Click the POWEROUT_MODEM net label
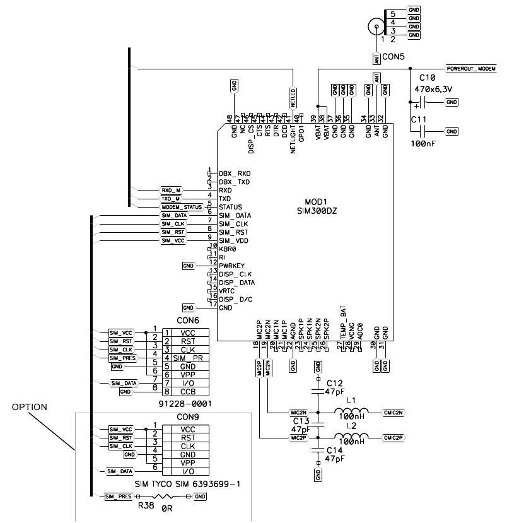tap(470, 68)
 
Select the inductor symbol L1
tap(351, 412)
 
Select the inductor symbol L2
tap(351, 437)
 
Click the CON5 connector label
tap(394, 57)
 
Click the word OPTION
tap(29, 407)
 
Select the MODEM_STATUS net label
tap(182, 207)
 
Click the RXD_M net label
tap(171, 190)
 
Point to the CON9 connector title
tap(187, 417)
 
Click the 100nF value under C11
tap(423, 144)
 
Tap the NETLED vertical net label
tap(293, 97)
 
